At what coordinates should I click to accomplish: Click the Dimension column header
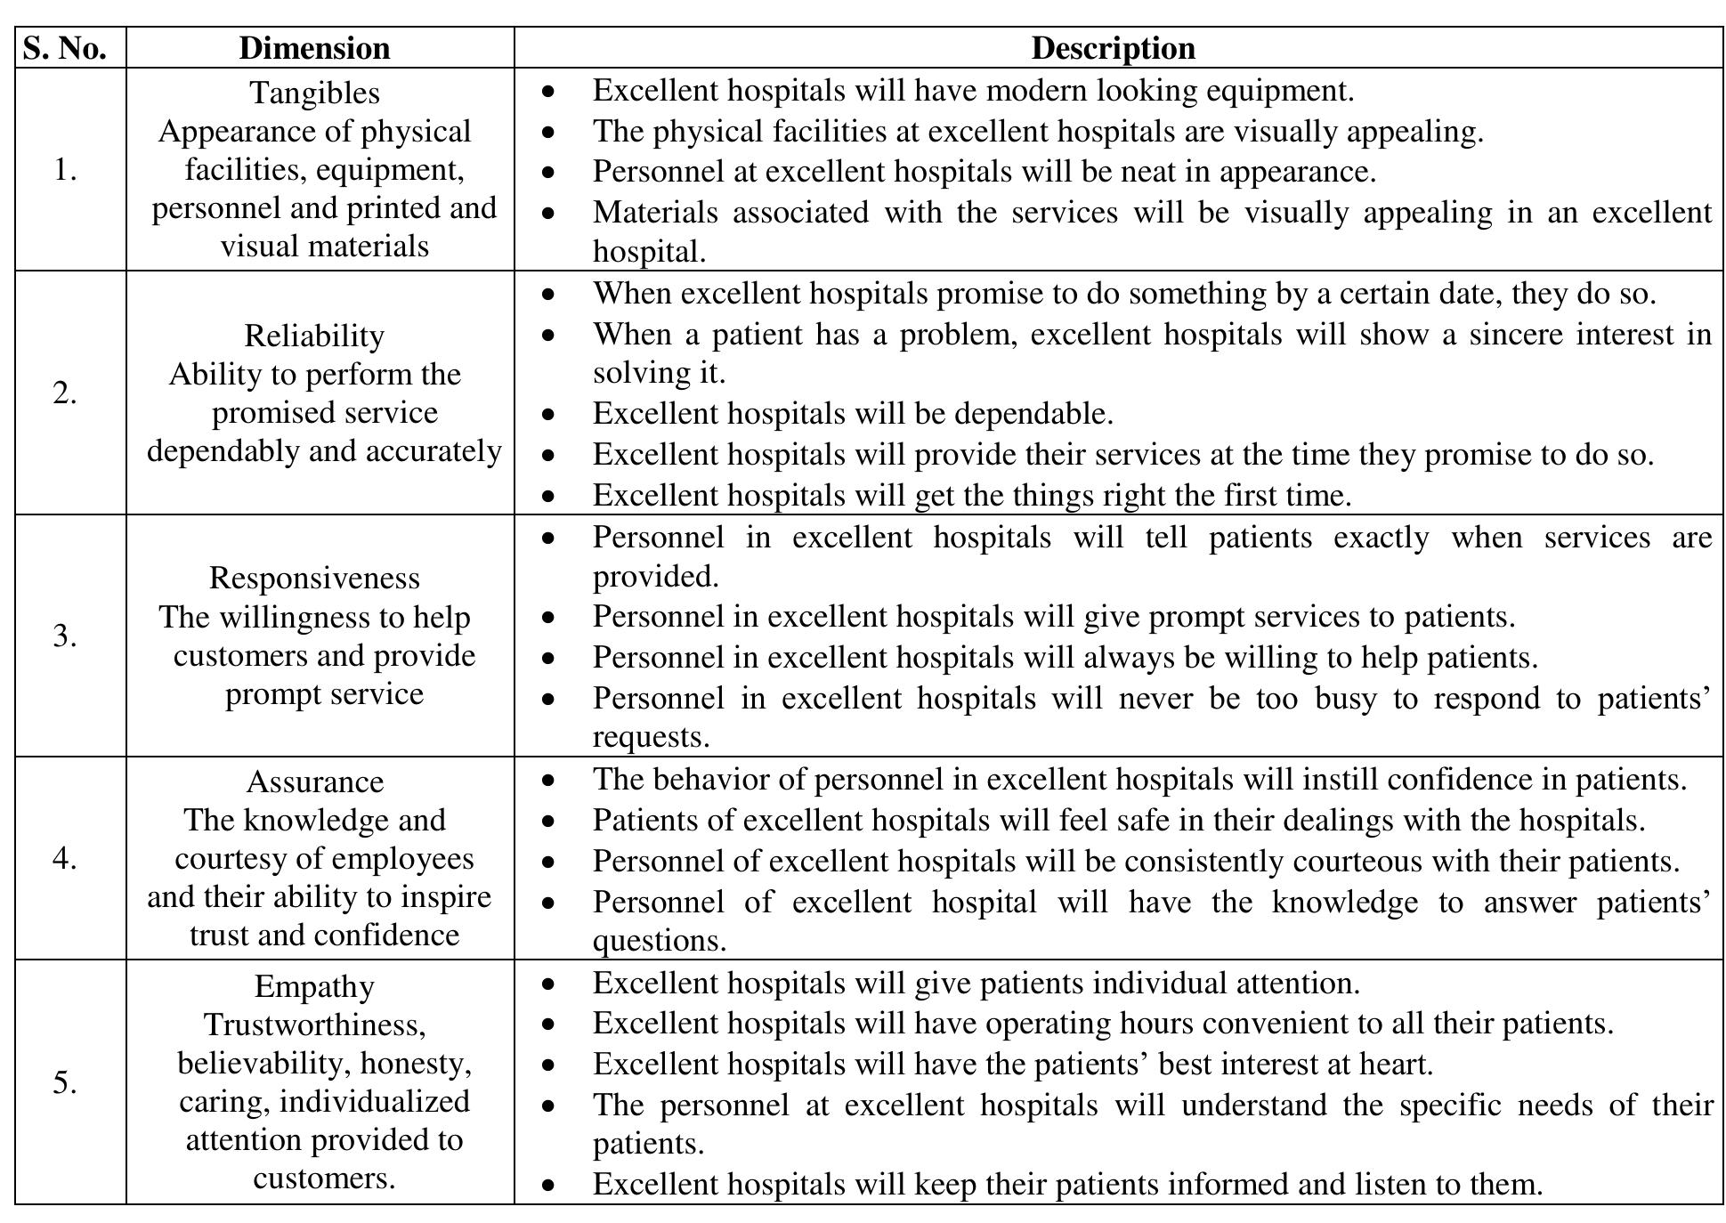[314, 48]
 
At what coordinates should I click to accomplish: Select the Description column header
[1113, 48]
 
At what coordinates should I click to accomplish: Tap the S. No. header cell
[64, 48]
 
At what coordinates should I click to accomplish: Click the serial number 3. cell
[64, 636]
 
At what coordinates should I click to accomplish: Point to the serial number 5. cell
[64, 1082]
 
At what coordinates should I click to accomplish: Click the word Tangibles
[314, 93]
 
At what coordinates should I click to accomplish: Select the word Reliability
[314, 336]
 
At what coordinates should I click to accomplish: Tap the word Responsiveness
[314, 578]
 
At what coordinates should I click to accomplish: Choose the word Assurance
[314, 782]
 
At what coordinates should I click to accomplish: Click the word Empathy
[314, 986]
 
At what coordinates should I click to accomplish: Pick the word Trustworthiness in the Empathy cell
[314, 1025]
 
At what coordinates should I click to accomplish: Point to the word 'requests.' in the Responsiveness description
[651, 738]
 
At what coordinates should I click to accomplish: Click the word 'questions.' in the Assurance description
[660, 941]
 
